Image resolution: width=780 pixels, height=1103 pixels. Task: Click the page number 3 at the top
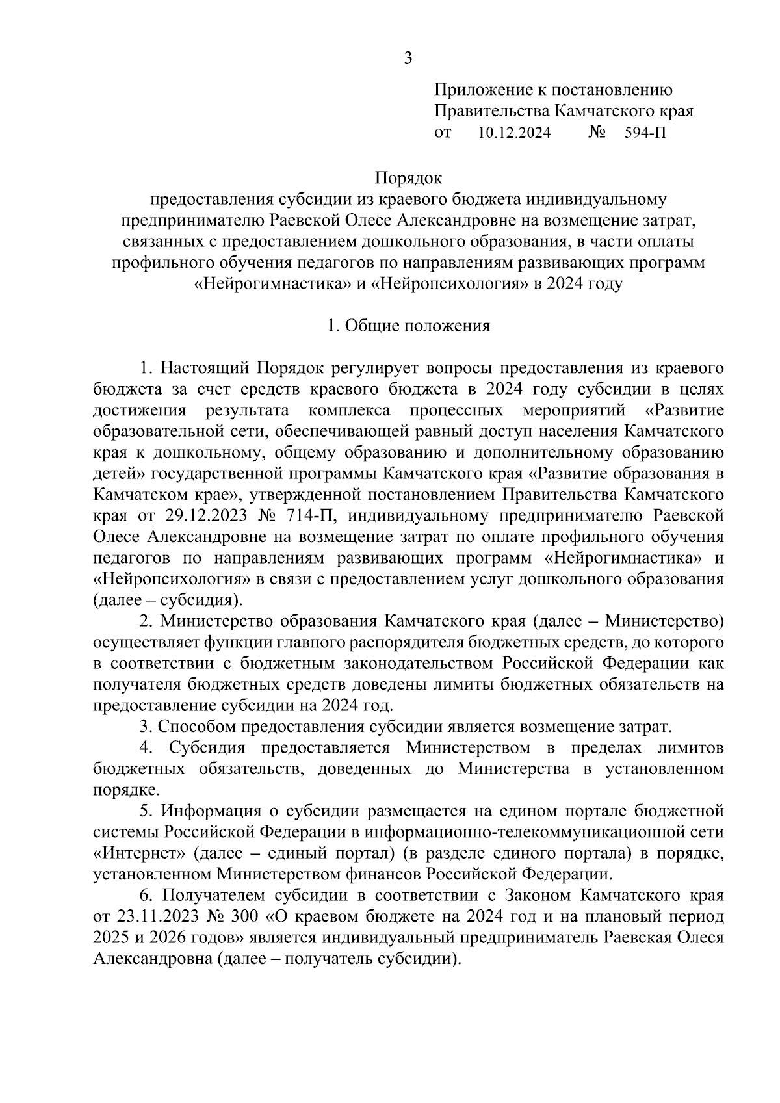pyautogui.click(x=408, y=58)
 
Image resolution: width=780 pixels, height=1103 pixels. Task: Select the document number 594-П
pyautogui.click(x=645, y=133)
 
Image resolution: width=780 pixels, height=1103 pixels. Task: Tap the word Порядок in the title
pyautogui.click(x=408, y=177)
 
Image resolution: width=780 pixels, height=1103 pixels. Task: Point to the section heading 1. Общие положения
pyautogui.click(x=408, y=326)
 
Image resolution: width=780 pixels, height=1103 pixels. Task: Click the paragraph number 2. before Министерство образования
pyautogui.click(x=146, y=621)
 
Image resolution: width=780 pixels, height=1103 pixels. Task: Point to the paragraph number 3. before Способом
pyautogui.click(x=146, y=726)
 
